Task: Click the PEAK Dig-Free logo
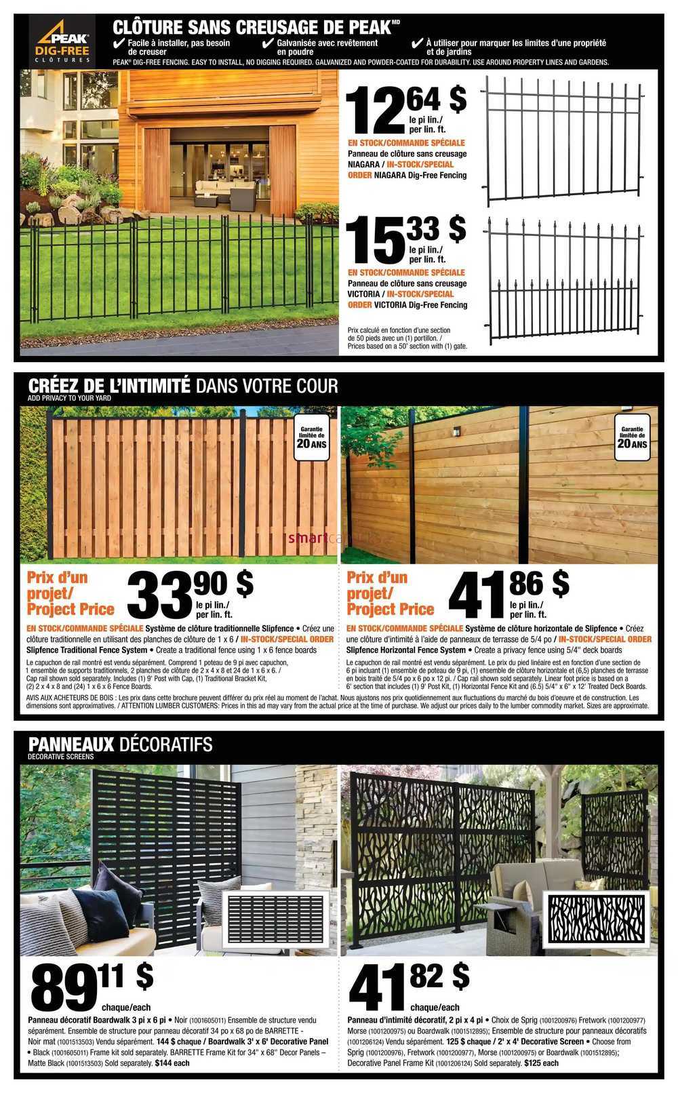click(x=63, y=41)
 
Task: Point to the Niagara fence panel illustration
click(x=563, y=139)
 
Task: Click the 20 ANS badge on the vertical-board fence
click(x=311, y=440)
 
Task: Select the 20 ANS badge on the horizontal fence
click(x=632, y=440)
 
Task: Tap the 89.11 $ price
click(x=92, y=986)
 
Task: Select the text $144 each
click(x=172, y=1062)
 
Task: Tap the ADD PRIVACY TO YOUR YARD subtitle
click(x=69, y=398)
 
